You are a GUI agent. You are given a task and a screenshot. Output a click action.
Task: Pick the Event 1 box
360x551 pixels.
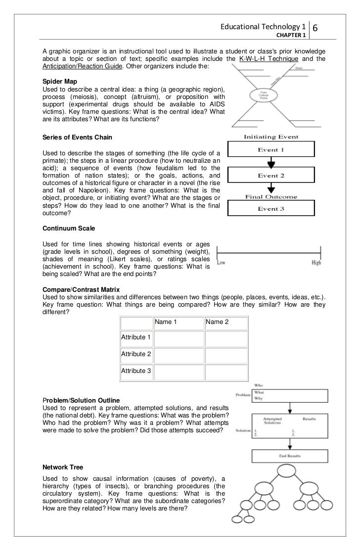tap(271, 149)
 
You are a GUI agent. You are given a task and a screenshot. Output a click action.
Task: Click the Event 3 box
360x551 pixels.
tap(271, 209)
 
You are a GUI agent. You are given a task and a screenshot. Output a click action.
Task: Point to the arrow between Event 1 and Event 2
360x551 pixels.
tap(271, 163)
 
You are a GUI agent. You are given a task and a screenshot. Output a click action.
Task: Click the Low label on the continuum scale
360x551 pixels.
tap(223, 263)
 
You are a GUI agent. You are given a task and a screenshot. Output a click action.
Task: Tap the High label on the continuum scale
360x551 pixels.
tap(316, 263)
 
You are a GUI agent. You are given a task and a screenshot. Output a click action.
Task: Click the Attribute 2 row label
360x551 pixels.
tap(136, 354)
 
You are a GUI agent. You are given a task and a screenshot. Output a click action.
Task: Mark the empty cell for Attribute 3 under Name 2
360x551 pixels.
tap(226, 371)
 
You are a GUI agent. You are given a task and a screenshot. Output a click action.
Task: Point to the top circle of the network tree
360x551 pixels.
tap(286, 472)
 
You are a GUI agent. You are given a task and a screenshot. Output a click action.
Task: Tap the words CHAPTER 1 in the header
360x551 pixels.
tap(291, 35)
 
